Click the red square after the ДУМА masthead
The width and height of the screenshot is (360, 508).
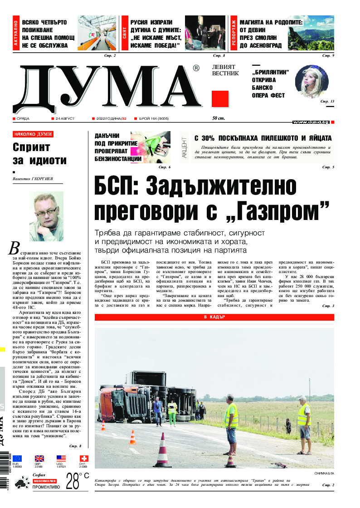220,99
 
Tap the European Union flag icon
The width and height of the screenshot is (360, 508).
17,459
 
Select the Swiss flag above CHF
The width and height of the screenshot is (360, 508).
84,459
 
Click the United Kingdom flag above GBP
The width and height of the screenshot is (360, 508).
39,459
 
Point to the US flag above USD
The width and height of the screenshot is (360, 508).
61,459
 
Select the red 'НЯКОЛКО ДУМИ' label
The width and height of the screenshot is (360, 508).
33,134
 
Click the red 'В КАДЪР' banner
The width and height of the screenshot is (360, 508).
214,317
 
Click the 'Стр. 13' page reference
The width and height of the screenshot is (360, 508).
327,101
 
